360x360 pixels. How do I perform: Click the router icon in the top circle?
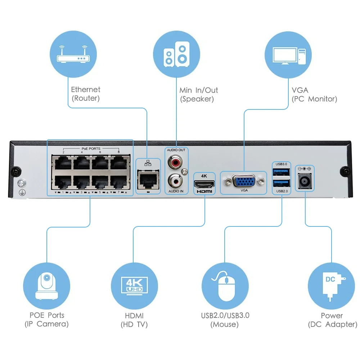click(73, 55)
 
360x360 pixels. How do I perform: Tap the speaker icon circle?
click(176, 55)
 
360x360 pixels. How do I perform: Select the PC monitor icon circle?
click(288, 55)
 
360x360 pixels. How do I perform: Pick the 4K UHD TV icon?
click(134, 286)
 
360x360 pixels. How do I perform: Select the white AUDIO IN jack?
click(176, 179)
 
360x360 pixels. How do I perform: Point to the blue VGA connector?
click(244, 181)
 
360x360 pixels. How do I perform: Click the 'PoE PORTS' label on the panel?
click(91, 148)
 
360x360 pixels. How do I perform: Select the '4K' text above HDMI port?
click(204, 176)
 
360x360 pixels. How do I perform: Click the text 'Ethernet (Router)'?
click(85, 94)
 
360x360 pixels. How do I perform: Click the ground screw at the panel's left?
click(21, 183)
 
